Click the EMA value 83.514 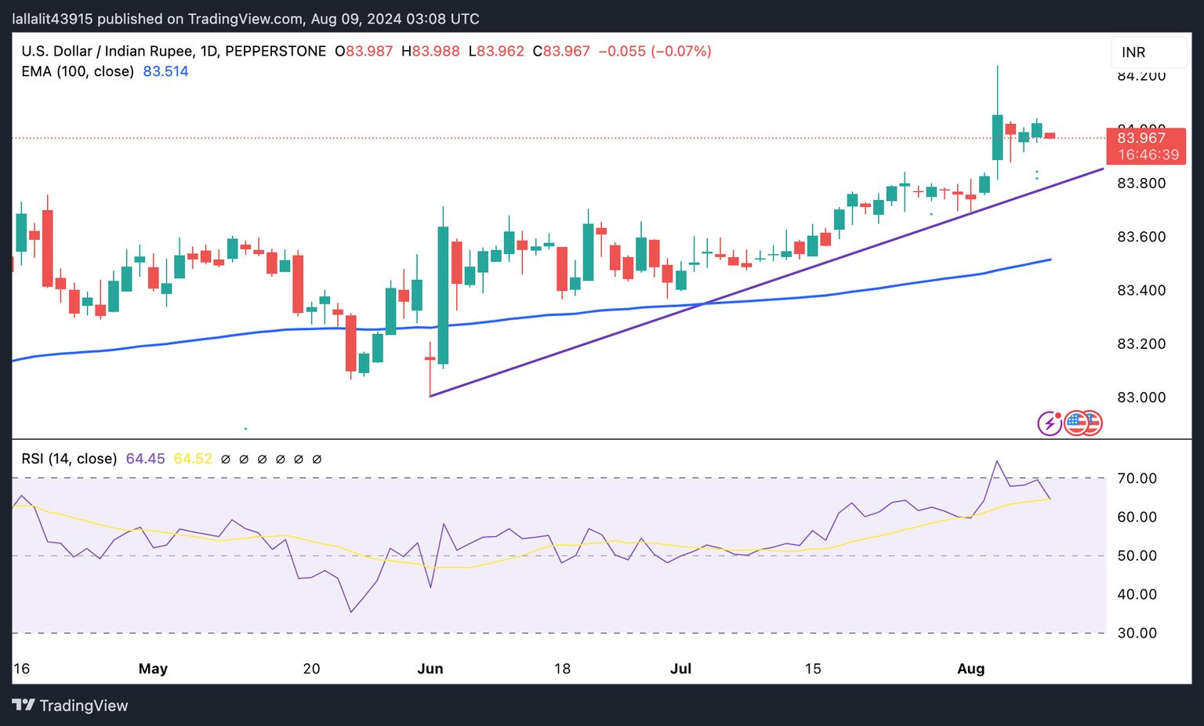tap(165, 71)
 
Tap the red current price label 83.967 tap(1141, 138)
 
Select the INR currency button tap(1133, 53)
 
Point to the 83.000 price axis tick tap(1141, 397)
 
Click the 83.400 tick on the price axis tap(1141, 291)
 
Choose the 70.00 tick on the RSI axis tap(1137, 478)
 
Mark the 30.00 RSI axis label tap(1137, 633)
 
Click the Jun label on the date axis tap(430, 669)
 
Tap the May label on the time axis tap(153, 669)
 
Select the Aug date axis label tap(971, 669)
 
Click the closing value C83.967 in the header tap(561, 52)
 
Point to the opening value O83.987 tap(364, 52)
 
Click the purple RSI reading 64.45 tap(145, 459)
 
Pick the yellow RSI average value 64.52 tap(193, 459)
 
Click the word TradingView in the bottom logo tap(83, 706)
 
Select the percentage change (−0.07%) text tap(681, 52)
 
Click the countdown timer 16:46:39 tap(1148, 155)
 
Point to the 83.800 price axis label tap(1141, 183)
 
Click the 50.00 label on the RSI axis tap(1137, 556)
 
